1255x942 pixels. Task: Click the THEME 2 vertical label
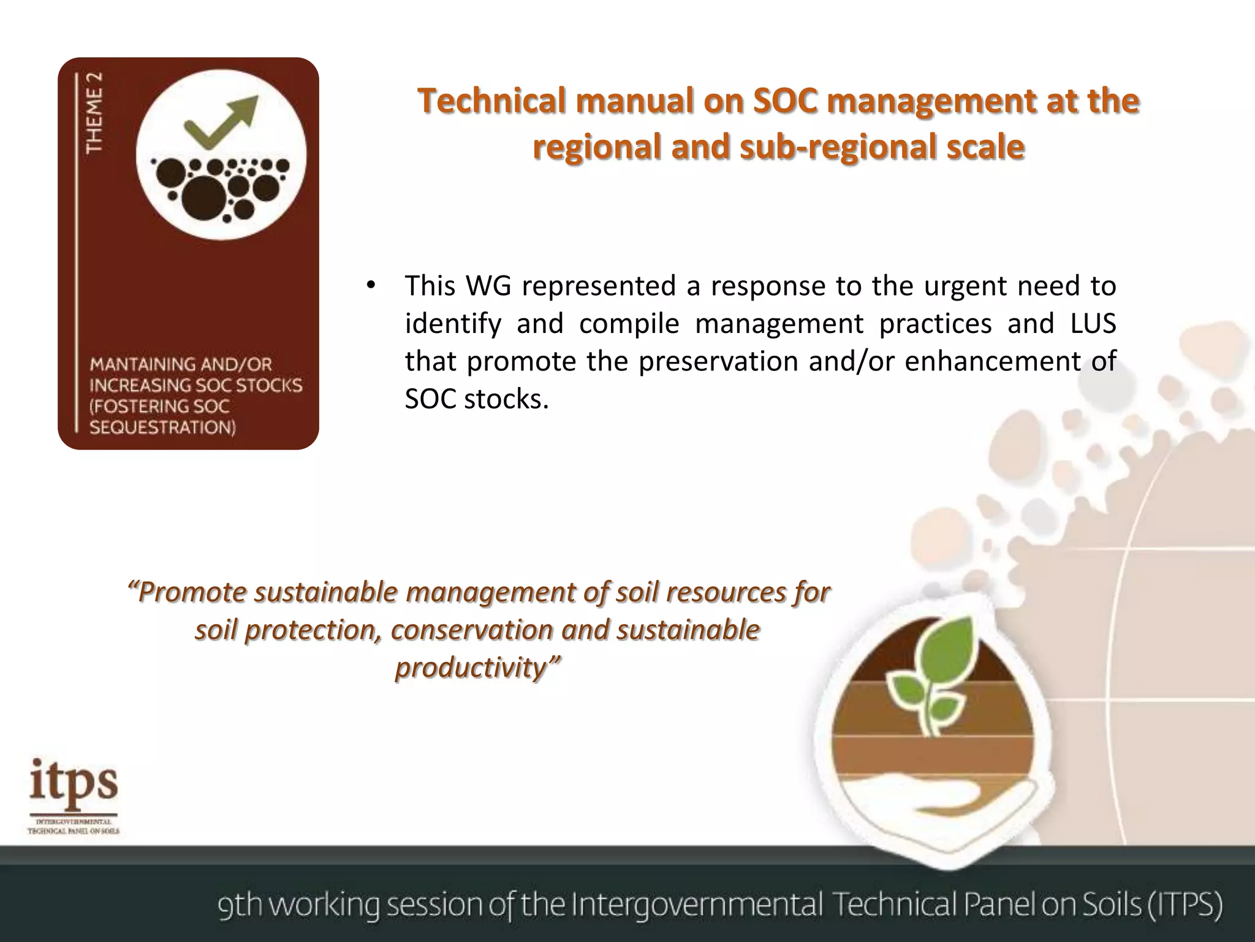(x=94, y=113)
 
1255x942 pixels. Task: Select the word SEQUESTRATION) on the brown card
(x=162, y=427)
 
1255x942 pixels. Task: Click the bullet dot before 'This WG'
(x=370, y=286)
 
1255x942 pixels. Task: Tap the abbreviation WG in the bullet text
(x=488, y=286)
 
